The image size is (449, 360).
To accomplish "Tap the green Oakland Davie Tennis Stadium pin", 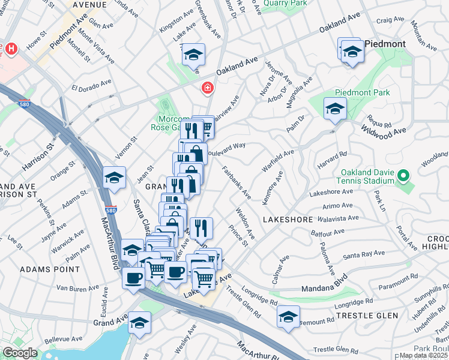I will click(404, 177).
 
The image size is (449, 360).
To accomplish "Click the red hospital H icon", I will click(11, 47).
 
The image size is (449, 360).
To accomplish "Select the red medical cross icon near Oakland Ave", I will click(207, 89).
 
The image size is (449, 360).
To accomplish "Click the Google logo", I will click(20, 353).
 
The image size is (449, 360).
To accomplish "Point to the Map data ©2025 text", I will click(424, 355).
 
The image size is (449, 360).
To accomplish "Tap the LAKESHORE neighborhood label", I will click(285, 220).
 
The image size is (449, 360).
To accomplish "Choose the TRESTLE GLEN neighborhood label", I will click(359, 316).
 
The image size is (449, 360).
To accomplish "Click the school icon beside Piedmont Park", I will click(335, 109).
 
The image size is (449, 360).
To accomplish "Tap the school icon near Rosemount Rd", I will click(288, 316).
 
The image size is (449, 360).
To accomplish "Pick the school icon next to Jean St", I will click(113, 178).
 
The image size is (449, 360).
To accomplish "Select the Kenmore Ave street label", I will click(274, 186).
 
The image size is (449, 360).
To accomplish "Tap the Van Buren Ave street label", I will click(76, 289).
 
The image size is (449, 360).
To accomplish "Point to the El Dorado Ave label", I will click(91, 85).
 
